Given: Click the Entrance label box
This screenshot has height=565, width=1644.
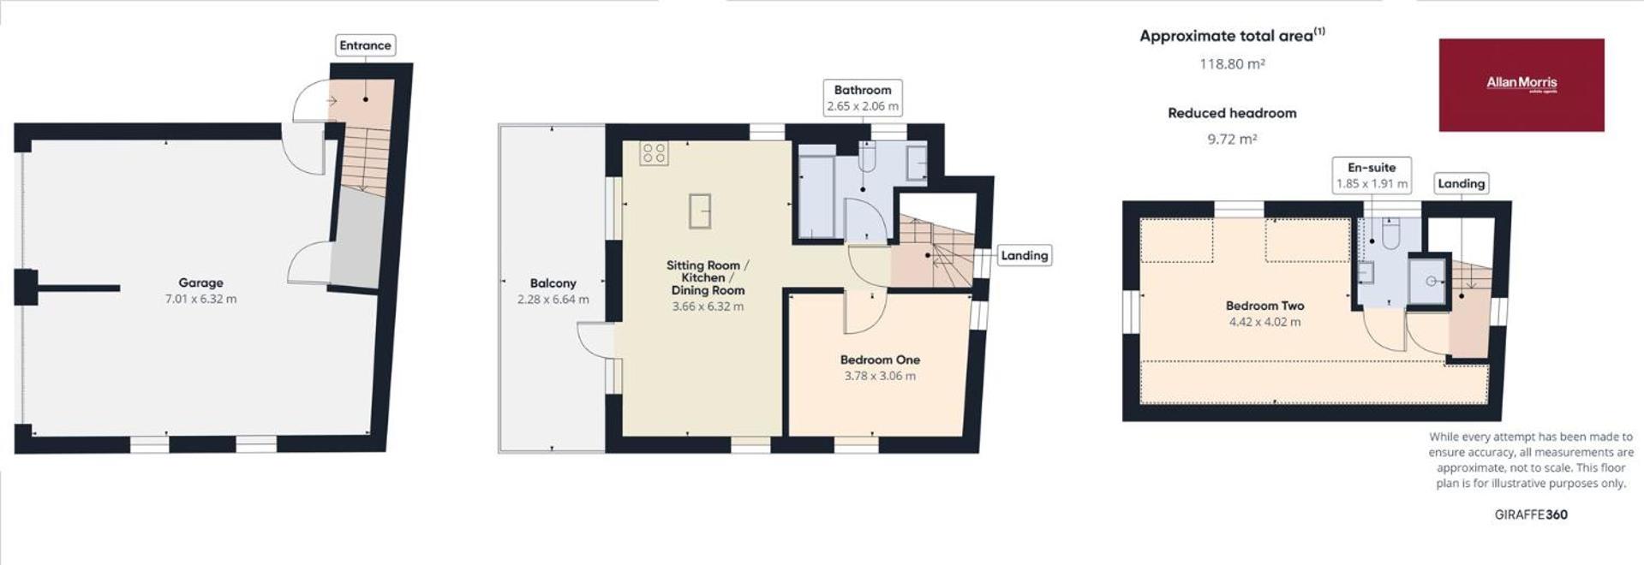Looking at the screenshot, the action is pyautogui.click(x=365, y=45).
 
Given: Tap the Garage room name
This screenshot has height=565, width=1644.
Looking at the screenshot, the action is pyautogui.click(x=200, y=282).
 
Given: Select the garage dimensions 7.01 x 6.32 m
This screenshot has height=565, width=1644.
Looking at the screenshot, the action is pyautogui.click(x=200, y=299).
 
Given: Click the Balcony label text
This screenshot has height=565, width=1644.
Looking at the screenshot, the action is pyautogui.click(x=553, y=283).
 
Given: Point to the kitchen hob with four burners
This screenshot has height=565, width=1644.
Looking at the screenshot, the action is pyautogui.click(x=654, y=153).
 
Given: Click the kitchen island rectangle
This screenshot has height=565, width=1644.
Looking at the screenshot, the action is pyautogui.click(x=700, y=211).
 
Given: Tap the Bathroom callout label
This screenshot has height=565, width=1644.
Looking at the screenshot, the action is pyautogui.click(x=863, y=98).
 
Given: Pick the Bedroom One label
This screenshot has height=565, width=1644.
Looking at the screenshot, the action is pyautogui.click(x=880, y=360).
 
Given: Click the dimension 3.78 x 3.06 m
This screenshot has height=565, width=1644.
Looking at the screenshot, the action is pyautogui.click(x=880, y=376).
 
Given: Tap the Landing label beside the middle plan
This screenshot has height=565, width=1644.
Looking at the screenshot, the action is pyautogui.click(x=1025, y=255).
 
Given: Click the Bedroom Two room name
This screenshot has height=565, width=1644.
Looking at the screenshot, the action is pyautogui.click(x=1264, y=306).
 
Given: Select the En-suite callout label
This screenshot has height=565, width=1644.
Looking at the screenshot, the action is pyautogui.click(x=1372, y=175).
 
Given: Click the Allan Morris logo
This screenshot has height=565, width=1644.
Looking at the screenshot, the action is pyautogui.click(x=1521, y=85).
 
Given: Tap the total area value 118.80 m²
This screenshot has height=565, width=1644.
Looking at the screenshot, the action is pyautogui.click(x=1232, y=63).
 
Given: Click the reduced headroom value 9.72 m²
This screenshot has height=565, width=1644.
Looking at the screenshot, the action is pyautogui.click(x=1232, y=139).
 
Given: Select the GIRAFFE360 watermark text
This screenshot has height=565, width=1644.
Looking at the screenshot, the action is pyautogui.click(x=1531, y=514).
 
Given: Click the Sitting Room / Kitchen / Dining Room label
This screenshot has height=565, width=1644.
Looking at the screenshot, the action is pyautogui.click(x=708, y=277).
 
